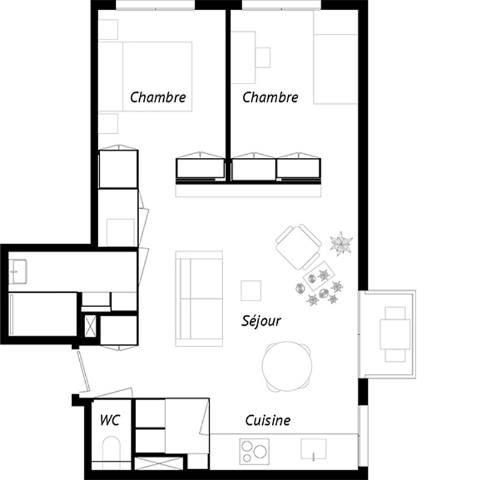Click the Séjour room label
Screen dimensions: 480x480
coord(261,321)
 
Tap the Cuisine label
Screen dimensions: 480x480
coord(268,421)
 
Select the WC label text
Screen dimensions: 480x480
coord(110,420)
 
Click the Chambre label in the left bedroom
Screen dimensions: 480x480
coord(158,97)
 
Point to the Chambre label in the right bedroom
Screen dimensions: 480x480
coord(271,97)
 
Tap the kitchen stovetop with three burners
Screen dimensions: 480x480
coord(254,451)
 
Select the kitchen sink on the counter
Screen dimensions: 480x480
coord(313,449)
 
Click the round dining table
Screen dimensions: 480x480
coord(287,366)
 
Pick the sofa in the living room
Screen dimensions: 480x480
coord(199,299)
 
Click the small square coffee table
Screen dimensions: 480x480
coord(251,290)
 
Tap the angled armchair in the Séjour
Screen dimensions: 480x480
coord(298,247)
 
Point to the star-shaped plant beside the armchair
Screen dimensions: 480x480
coord(341,244)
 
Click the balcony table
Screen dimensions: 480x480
coord(395,334)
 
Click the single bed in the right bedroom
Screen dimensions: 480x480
coord(335,69)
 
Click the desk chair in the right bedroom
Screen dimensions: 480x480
coord(263,57)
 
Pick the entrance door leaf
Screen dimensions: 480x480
coord(83,371)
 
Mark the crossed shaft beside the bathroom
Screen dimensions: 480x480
coord(90,326)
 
